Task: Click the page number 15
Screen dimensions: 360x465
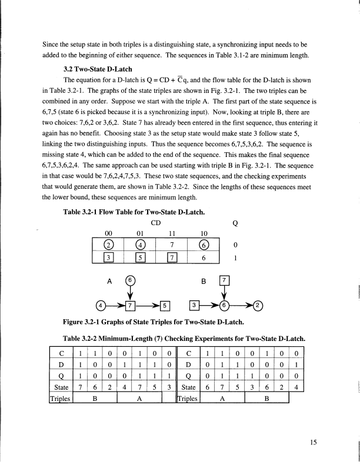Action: pyautogui.click(x=314, y=442)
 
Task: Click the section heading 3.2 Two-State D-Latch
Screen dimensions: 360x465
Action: pyautogui.click(x=98, y=69)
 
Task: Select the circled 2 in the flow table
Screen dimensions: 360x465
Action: pyautogui.click(x=109, y=245)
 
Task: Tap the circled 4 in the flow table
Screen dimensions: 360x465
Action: pyautogui.click(x=140, y=245)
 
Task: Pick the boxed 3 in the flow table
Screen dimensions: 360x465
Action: pyautogui.click(x=108, y=257)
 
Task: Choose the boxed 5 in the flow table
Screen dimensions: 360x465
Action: pyautogui.click(x=140, y=257)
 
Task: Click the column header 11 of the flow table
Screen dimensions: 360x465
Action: pyautogui.click(x=172, y=233)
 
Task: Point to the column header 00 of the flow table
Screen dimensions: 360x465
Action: pyautogui.click(x=108, y=233)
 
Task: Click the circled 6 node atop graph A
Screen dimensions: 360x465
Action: pyautogui.click(x=130, y=280)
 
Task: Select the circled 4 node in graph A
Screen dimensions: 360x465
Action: pyautogui.click(x=101, y=305)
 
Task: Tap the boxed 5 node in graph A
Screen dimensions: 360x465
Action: pyautogui.click(x=165, y=306)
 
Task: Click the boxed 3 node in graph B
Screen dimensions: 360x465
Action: pyautogui.click(x=194, y=305)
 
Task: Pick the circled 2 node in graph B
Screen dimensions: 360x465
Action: pyautogui.click(x=258, y=306)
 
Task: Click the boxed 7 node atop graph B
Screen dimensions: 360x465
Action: pyautogui.click(x=224, y=280)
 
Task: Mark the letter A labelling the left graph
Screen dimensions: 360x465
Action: pyautogui.click(x=109, y=281)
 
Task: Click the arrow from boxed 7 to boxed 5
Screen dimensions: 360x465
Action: pyautogui.click(x=148, y=306)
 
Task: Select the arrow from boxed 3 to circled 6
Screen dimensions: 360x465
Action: pyautogui.click(x=209, y=305)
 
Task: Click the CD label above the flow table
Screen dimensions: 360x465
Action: pyautogui.click(x=156, y=223)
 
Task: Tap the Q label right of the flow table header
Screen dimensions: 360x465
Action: pyautogui.click(x=235, y=223)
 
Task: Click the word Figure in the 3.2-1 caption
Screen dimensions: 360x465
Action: pyautogui.click(x=73, y=322)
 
